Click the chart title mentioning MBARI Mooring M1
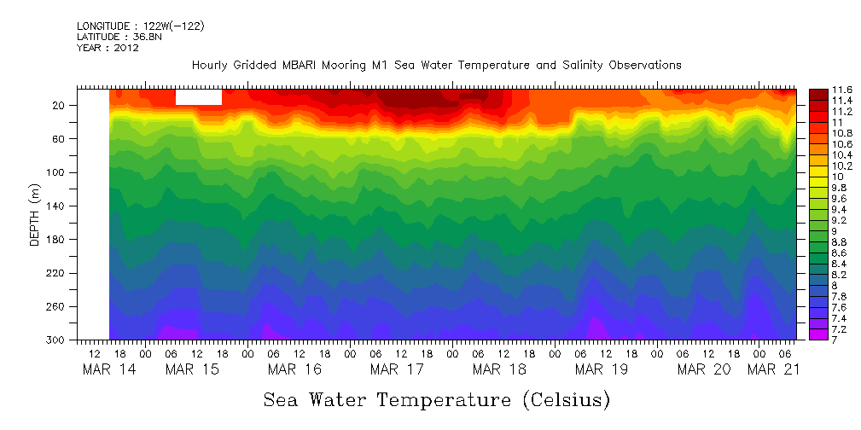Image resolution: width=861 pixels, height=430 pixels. (436, 65)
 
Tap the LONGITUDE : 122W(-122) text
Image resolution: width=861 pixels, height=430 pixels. (140, 26)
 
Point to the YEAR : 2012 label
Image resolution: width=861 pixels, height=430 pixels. (108, 48)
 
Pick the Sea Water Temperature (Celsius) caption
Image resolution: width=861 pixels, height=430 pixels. (437, 399)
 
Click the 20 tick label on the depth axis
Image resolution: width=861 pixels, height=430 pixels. (59, 106)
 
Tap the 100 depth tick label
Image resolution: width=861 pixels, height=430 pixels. (56, 172)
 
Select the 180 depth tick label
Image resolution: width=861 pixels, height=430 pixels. (56, 240)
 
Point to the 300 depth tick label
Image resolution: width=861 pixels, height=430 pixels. (56, 340)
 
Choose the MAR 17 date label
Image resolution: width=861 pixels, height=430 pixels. (397, 369)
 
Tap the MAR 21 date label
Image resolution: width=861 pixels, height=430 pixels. (771, 369)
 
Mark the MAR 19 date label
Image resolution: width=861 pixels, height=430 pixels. (602, 369)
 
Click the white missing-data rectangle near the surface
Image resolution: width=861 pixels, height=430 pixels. (198, 97)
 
